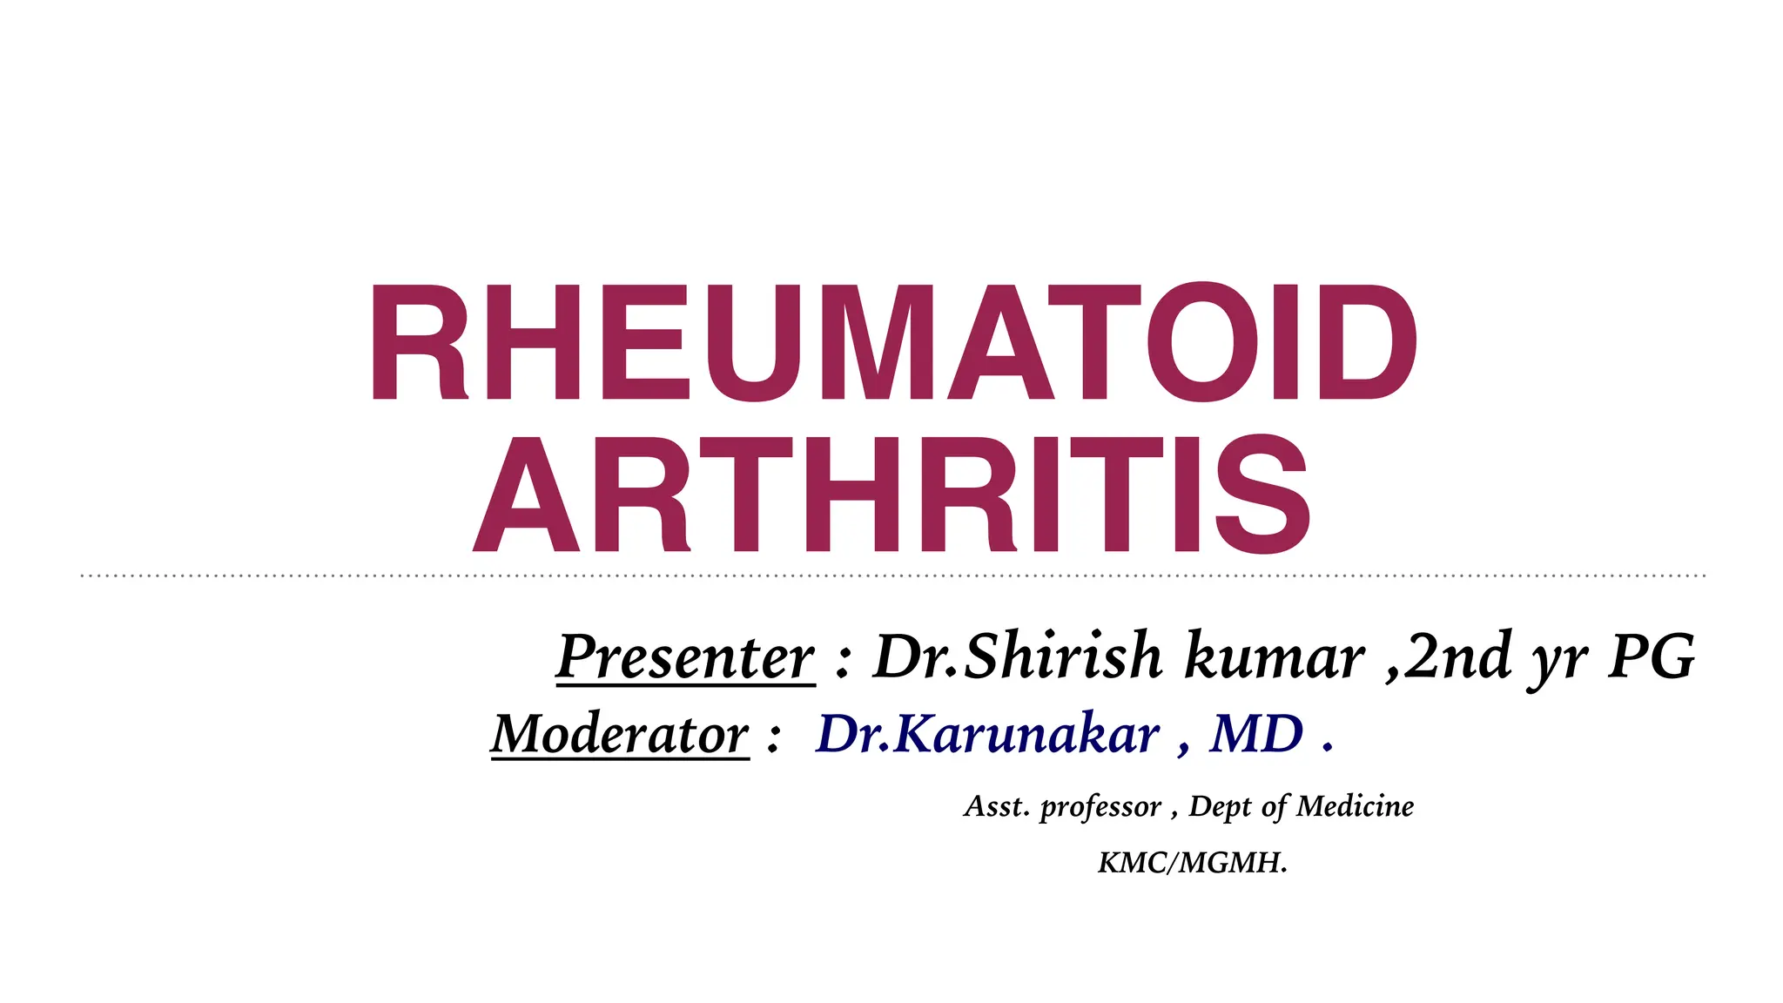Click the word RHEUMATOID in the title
pyautogui.click(x=893, y=343)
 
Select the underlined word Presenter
pyautogui.click(x=685, y=657)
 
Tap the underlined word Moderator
pyautogui.click(x=620, y=734)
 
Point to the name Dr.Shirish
pyautogui.click(x=1018, y=656)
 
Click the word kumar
pyautogui.click(x=1275, y=656)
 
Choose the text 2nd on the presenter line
pyautogui.click(x=1458, y=656)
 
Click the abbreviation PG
pyautogui.click(x=1652, y=656)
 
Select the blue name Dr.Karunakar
pyautogui.click(x=987, y=734)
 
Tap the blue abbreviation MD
pyautogui.click(x=1256, y=734)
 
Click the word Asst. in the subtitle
pyautogui.click(x=997, y=806)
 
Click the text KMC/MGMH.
pyautogui.click(x=1192, y=863)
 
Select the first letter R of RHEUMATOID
pyautogui.click(x=419, y=343)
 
